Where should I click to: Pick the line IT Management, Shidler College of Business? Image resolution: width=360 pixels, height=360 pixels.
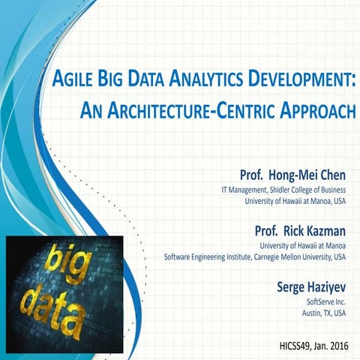coord(283,189)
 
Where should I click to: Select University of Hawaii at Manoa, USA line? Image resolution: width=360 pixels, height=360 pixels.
coord(295,200)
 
